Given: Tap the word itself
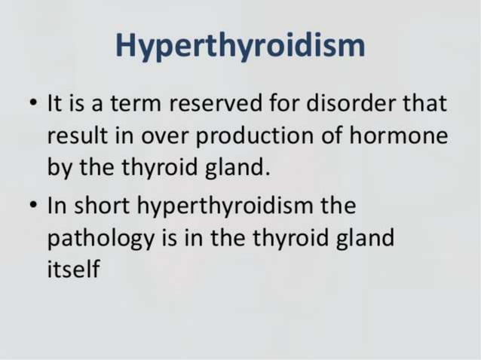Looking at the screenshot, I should point(72,270).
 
